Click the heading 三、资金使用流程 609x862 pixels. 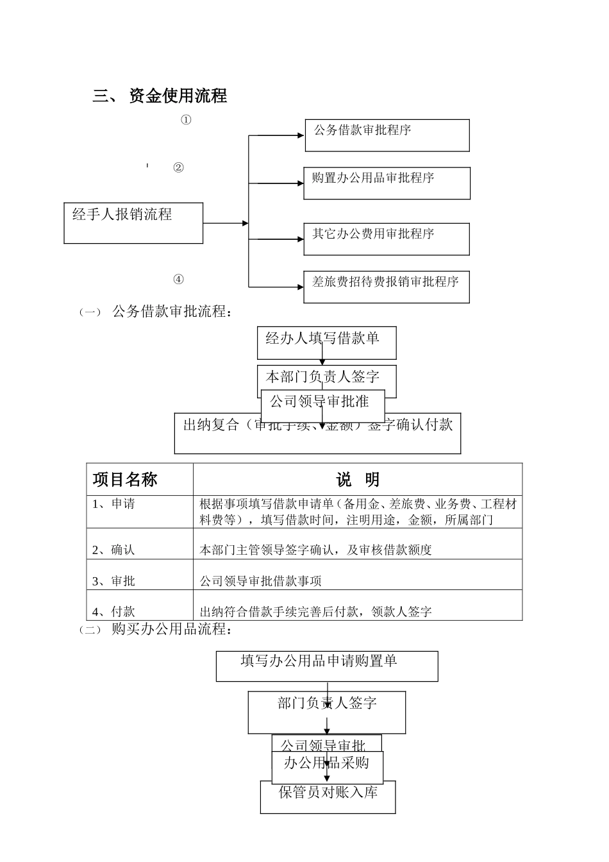[160, 96]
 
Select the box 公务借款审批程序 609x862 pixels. [387, 135]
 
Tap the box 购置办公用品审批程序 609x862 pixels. [387, 183]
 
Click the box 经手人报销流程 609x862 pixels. [133, 223]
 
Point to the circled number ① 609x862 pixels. [186, 120]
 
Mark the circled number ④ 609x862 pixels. [178, 279]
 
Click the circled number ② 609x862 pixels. [178, 168]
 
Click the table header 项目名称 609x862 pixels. [125, 480]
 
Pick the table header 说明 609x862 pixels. [357, 480]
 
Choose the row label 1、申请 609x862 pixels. [113, 504]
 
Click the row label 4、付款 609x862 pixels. [113, 612]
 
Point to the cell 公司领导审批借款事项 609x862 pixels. [260, 581]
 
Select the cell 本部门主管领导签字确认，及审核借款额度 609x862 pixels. [315, 550]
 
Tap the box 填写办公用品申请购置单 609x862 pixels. [326, 665]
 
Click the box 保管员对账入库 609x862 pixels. [328, 796]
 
